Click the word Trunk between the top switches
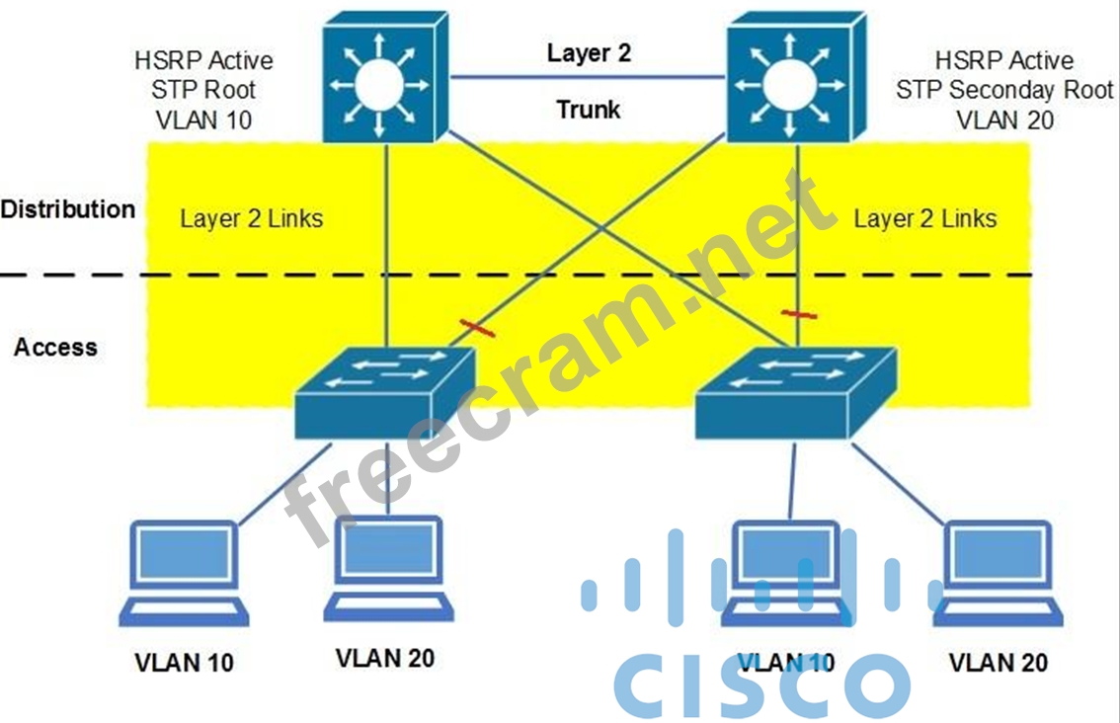pos(589,109)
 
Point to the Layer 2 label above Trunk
pos(589,53)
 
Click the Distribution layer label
pos(67,209)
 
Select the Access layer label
pos(55,347)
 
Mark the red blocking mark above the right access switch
pos(798,314)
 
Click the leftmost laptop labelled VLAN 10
pos(186,573)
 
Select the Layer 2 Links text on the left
pos(251,218)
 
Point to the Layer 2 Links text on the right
pos(925,218)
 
